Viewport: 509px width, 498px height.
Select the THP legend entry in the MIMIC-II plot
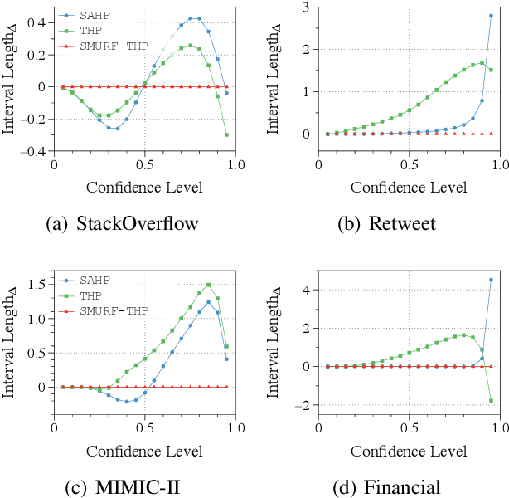tap(89, 294)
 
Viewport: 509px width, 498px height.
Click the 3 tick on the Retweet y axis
tap(306, 7)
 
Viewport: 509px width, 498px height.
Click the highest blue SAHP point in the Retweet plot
tap(491, 16)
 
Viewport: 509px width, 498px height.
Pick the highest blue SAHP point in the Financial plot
tap(491, 280)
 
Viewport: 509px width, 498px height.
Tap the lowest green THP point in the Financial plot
tap(491, 400)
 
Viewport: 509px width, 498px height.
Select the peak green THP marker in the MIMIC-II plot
tap(208, 285)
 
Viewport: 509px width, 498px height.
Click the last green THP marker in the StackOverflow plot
tap(226, 134)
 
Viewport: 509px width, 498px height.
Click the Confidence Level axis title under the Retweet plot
tap(409, 187)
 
